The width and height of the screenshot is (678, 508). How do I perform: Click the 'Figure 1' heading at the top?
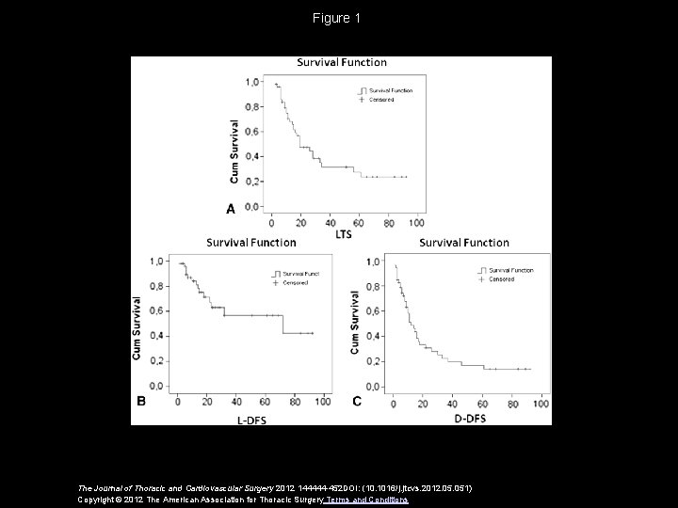coord(338,18)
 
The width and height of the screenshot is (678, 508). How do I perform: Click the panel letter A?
coord(230,209)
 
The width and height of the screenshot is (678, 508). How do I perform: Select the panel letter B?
coord(141,401)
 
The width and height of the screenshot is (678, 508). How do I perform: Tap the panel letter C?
coord(357,401)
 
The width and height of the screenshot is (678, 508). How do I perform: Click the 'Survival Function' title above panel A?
coord(342,63)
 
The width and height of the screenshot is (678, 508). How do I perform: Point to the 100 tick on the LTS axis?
coord(416,223)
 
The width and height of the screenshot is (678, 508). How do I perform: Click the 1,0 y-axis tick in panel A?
coord(254,83)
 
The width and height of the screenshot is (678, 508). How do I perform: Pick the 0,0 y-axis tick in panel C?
coord(373,387)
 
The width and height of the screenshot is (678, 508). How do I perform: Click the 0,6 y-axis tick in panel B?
coord(157,310)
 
